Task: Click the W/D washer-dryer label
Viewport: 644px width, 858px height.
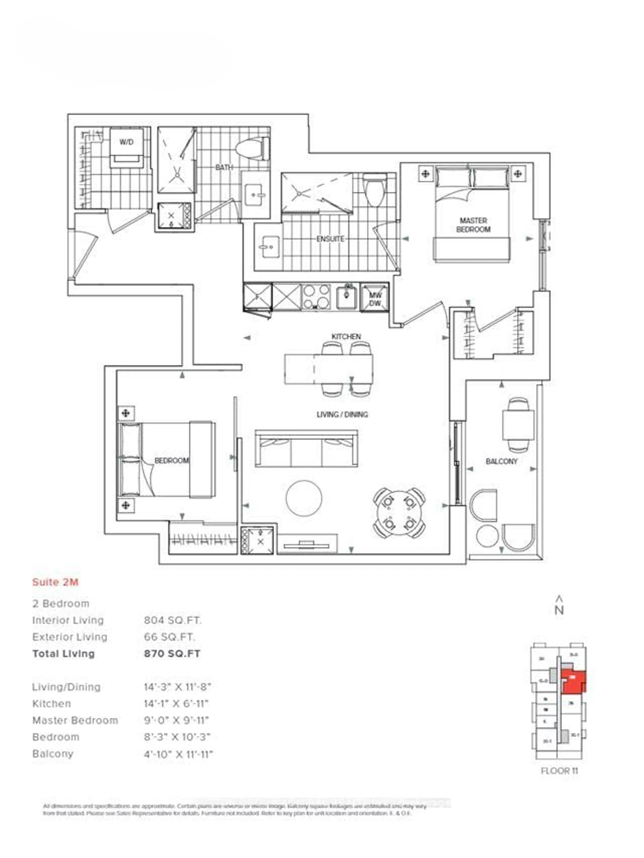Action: pos(126,142)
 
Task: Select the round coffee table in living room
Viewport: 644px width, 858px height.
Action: pos(304,498)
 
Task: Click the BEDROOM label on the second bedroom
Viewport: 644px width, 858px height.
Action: pos(171,460)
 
